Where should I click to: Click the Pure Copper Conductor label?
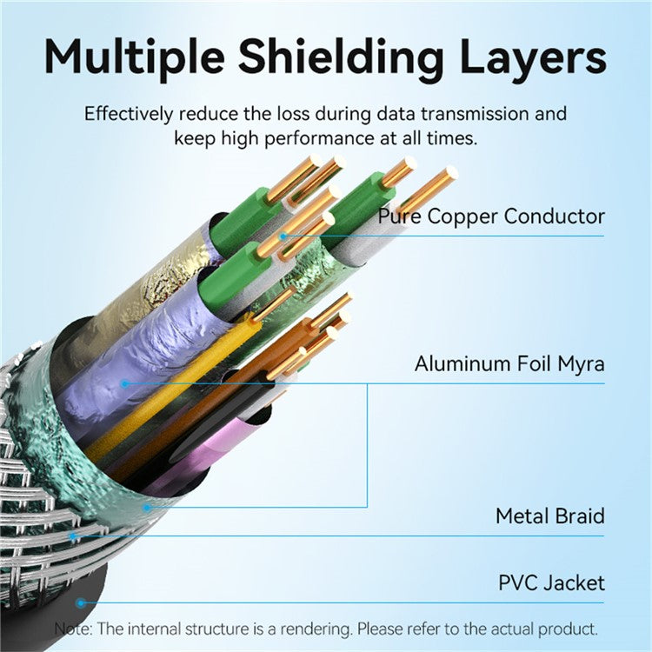(x=491, y=216)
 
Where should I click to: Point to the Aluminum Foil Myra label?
(x=509, y=364)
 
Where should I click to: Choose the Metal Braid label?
(x=549, y=516)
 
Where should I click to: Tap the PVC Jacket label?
(x=551, y=582)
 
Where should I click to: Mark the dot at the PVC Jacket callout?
(x=80, y=602)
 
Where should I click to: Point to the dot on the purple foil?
(x=125, y=383)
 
